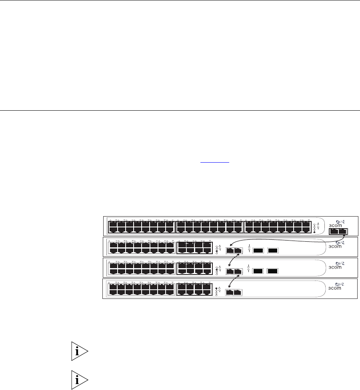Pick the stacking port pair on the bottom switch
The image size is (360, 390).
234,292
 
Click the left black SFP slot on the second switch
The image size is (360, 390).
258,251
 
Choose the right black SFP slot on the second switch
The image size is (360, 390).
272,251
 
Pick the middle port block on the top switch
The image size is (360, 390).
209,227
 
